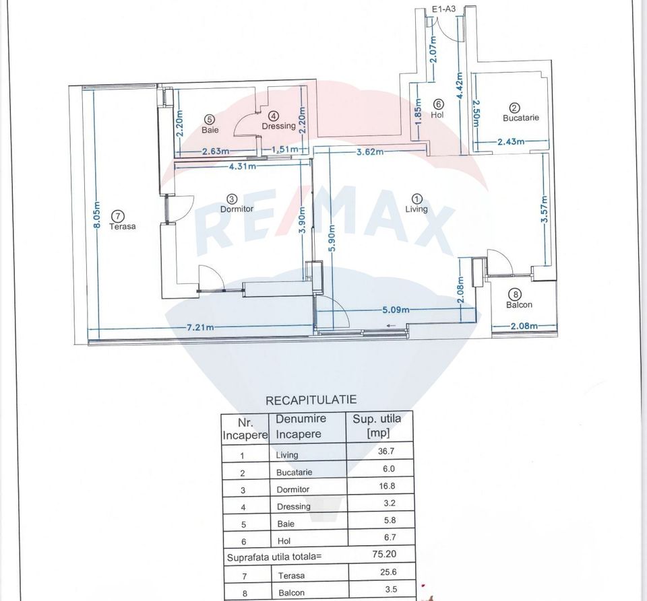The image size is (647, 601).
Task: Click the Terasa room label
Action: coord(123,227)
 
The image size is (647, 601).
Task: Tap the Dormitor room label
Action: coord(237,209)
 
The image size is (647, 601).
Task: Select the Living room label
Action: coord(417,209)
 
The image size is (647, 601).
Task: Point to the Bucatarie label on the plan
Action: coord(521,118)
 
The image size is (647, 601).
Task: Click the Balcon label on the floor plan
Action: coord(519,304)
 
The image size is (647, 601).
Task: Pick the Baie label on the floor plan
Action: coord(210,129)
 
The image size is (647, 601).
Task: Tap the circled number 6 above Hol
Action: coord(438,104)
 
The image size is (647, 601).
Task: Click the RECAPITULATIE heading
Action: coord(311,400)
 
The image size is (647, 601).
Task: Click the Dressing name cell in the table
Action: coord(293,506)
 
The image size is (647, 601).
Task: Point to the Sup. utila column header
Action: coord(377,426)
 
